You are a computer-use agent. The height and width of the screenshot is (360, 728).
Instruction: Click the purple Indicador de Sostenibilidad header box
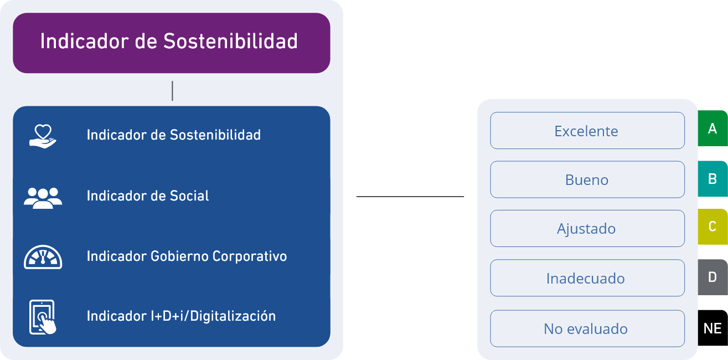(x=172, y=43)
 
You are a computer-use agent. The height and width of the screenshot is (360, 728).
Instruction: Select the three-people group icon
(x=43, y=198)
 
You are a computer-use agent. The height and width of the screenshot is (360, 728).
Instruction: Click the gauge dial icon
(x=43, y=257)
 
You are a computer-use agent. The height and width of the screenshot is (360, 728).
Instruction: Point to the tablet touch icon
(x=43, y=317)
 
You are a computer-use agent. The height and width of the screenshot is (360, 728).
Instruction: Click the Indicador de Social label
(x=148, y=196)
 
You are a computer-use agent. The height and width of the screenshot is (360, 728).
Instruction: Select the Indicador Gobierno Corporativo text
(x=187, y=256)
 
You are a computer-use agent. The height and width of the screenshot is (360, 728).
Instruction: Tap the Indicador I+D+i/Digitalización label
(x=181, y=316)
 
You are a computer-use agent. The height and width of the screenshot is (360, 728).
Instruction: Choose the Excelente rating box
(x=587, y=130)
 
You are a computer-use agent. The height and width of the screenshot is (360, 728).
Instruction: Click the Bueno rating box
(x=587, y=179)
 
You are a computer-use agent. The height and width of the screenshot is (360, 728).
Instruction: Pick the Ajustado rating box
(x=587, y=228)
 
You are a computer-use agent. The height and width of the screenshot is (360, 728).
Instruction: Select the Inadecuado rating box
(x=587, y=277)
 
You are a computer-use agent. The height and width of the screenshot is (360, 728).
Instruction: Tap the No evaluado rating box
(x=587, y=328)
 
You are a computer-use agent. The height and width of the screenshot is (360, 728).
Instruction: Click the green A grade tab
(x=712, y=128)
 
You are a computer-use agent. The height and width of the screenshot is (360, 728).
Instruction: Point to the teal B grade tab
(x=712, y=178)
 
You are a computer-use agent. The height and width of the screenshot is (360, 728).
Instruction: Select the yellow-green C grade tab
(x=712, y=227)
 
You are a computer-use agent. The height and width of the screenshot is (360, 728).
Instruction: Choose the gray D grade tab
(x=712, y=277)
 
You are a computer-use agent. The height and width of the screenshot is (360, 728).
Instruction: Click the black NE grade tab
(x=712, y=328)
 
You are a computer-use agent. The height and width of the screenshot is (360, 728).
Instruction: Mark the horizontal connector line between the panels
(x=410, y=197)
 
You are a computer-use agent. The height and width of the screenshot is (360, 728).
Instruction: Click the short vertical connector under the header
(x=172, y=91)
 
